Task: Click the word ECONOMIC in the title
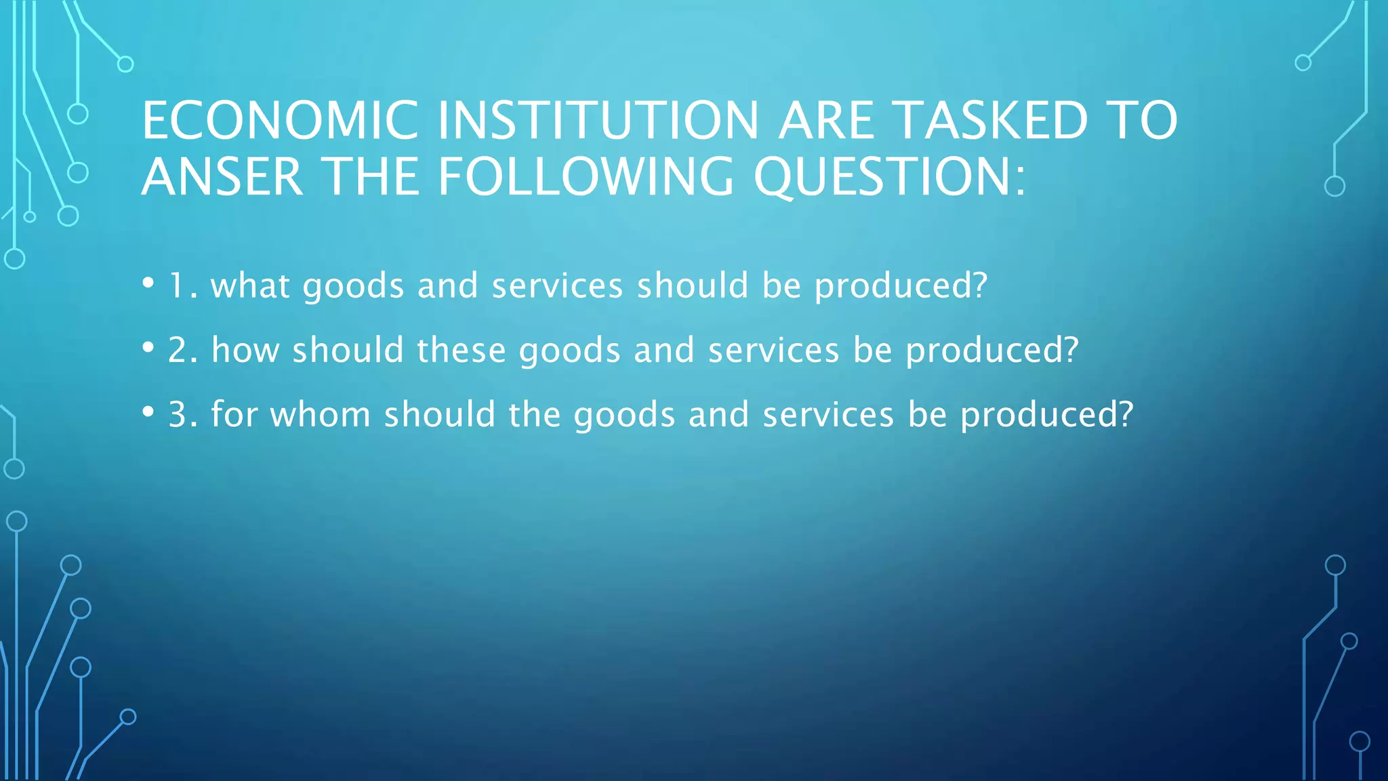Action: click(x=280, y=121)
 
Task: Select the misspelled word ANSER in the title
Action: click(x=222, y=178)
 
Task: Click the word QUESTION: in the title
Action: click(x=890, y=178)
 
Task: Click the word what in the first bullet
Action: click(x=251, y=285)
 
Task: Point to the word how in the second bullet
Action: click(x=245, y=351)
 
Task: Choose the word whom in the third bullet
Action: click(x=320, y=415)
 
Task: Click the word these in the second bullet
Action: click(x=461, y=351)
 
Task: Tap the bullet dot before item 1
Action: click(x=148, y=283)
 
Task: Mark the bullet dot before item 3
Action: click(x=148, y=412)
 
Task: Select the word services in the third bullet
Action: click(x=828, y=415)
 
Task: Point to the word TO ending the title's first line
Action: click(x=1143, y=121)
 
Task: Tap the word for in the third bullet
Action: click(x=234, y=415)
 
